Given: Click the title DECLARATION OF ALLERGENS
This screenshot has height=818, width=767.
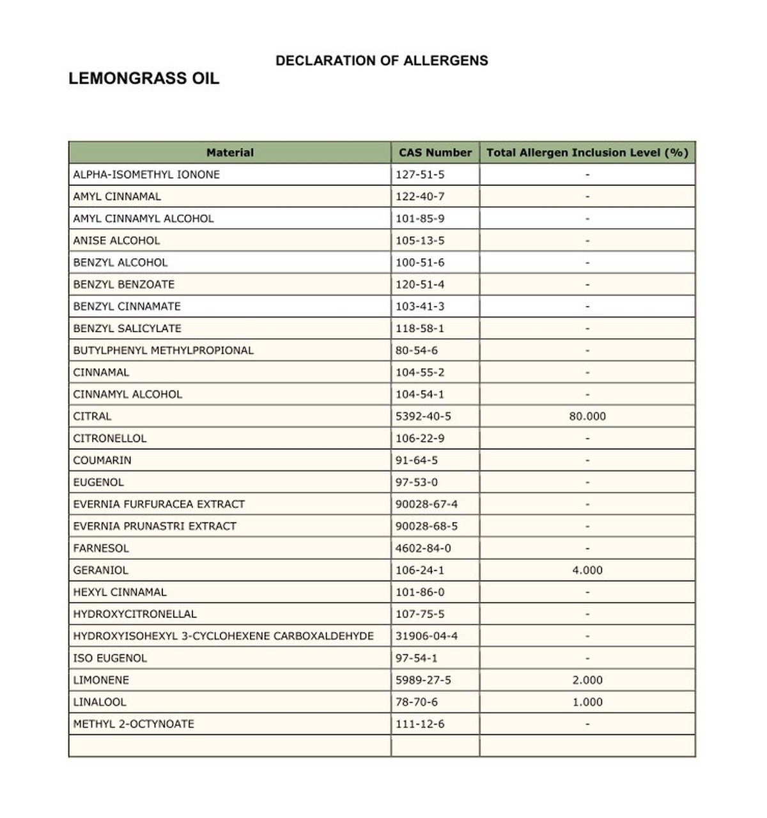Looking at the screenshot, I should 382,61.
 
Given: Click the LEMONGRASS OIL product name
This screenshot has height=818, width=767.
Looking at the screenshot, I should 144,79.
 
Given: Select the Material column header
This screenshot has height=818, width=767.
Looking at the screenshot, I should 229,153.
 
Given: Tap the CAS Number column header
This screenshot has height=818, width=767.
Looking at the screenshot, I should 435,153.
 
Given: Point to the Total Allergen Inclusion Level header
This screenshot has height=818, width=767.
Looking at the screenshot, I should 587,153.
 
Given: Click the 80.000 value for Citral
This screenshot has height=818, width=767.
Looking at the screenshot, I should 587,417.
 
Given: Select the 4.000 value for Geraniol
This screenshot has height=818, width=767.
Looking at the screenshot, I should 587,571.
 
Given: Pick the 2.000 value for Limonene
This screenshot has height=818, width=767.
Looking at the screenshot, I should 587,681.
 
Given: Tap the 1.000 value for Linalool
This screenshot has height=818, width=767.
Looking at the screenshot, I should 587,702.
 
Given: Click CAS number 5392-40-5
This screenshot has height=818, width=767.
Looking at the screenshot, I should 422,417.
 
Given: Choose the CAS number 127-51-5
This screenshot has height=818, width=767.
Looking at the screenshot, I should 419,174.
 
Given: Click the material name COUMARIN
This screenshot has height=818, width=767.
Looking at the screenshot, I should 102,461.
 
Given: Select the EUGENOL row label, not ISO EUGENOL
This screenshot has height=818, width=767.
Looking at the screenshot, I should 98,482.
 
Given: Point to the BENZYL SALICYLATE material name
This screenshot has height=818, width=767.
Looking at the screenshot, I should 127,328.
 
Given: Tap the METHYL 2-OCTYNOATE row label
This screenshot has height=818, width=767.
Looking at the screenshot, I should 134,724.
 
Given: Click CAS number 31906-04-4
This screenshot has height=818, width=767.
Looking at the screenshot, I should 426,637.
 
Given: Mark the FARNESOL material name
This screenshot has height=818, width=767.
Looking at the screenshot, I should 101,548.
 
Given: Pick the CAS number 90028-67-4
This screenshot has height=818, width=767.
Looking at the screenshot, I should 426,504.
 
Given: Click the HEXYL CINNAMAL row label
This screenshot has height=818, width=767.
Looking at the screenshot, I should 120,592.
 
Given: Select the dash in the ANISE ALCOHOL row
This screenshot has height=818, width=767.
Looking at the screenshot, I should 587,241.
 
